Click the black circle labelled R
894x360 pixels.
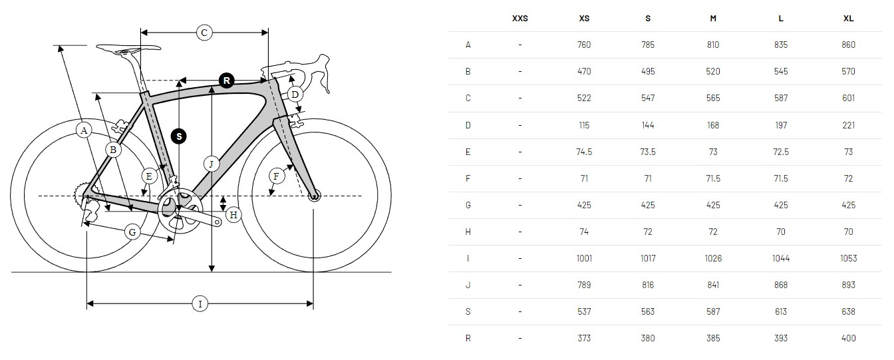tap(227, 81)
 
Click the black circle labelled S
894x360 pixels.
tap(178, 136)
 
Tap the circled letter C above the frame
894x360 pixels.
tap(204, 31)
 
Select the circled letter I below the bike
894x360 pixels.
tap(200, 304)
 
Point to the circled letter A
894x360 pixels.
tap(83, 130)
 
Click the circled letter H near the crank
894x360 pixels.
tap(233, 214)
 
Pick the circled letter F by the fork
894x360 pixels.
tap(277, 176)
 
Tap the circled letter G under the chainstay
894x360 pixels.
tap(132, 232)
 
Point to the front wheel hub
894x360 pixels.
tap(314, 196)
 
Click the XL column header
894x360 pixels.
tap(848, 19)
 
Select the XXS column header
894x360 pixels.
tap(520, 19)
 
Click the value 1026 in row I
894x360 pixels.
tap(713, 258)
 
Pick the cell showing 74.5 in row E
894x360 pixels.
tap(584, 152)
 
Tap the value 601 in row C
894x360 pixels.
tap(848, 98)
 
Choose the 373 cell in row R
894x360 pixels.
tap(584, 338)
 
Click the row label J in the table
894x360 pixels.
tap(468, 285)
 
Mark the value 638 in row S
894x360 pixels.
tap(848, 311)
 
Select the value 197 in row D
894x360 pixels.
tap(781, 125)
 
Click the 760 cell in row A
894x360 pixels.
tap(584, 45)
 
